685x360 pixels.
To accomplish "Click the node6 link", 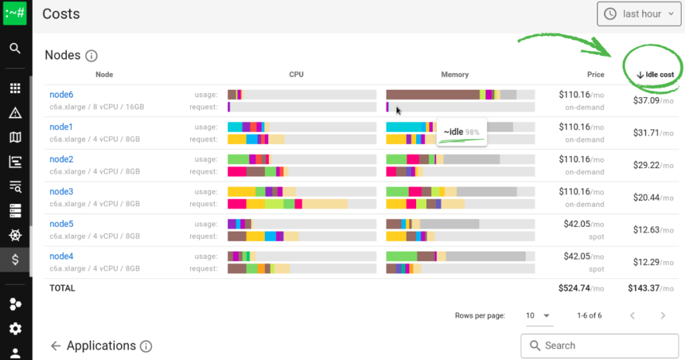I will pyautogui.click(x=62, y=94).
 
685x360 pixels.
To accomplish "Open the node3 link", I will pyautogui.click(x=62, y=191).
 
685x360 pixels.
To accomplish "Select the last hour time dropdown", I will pyautogui.click(x=641, y=14).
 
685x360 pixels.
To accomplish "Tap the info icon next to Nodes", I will pyautogui.click(x=92, y=56).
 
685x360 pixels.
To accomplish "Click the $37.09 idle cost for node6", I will pyautogui.click(x=653, y=100).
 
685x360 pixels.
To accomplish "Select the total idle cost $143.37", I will pyautogui.click(x=650, y=288).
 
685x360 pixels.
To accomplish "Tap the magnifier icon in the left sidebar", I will pyautogui.click(x=15, y=48).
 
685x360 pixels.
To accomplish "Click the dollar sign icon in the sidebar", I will pyautogui.click(x=15, y=260).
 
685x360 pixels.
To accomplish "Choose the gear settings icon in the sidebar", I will pyautogui.click(x=15, y=329).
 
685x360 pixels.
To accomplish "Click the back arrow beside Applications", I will pyautogui.click(x=56, y=346).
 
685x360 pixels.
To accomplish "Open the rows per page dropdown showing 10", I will pyautogui.click(x=538, y=315).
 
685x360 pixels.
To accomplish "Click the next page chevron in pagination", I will pyautogui.click(x=663, y=315).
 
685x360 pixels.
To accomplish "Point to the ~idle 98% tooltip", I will pyautogui.click(x=462, y=132).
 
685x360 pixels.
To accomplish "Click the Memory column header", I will pyautogui.click(x=455, y=74).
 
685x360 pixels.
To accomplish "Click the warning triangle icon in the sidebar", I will pyautogui.click(x=15, y=113).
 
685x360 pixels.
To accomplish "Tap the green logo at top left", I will pyautogui.click(x=15, y=13).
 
